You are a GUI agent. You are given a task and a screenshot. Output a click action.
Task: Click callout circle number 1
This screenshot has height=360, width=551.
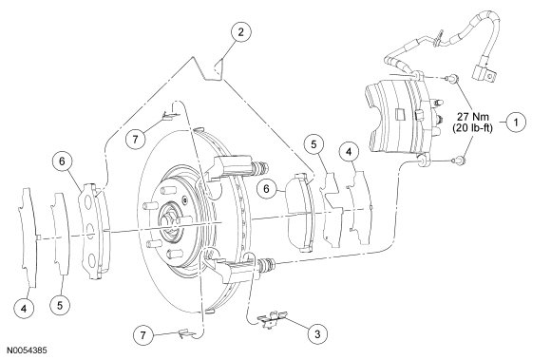(516, 123)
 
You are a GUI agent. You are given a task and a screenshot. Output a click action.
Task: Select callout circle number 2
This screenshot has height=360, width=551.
(240, 32)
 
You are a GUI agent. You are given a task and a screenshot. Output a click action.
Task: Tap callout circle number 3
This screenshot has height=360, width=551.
(317, 333)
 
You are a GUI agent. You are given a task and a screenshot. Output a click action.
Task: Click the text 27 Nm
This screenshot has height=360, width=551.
(473, 116)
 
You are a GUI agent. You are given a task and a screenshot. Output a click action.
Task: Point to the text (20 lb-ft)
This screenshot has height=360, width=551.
(473, 128)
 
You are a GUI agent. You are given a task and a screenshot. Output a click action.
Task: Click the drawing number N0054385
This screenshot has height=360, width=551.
(27, 351)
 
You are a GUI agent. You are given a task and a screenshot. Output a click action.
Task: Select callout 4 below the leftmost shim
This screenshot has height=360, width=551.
(24, 309)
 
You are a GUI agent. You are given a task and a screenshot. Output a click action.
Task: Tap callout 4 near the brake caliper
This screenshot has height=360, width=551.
(349, 152)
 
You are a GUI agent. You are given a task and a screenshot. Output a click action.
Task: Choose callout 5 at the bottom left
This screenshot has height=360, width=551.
(60, 305)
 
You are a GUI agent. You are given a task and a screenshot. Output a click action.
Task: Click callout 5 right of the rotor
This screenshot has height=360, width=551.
(313, 144)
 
